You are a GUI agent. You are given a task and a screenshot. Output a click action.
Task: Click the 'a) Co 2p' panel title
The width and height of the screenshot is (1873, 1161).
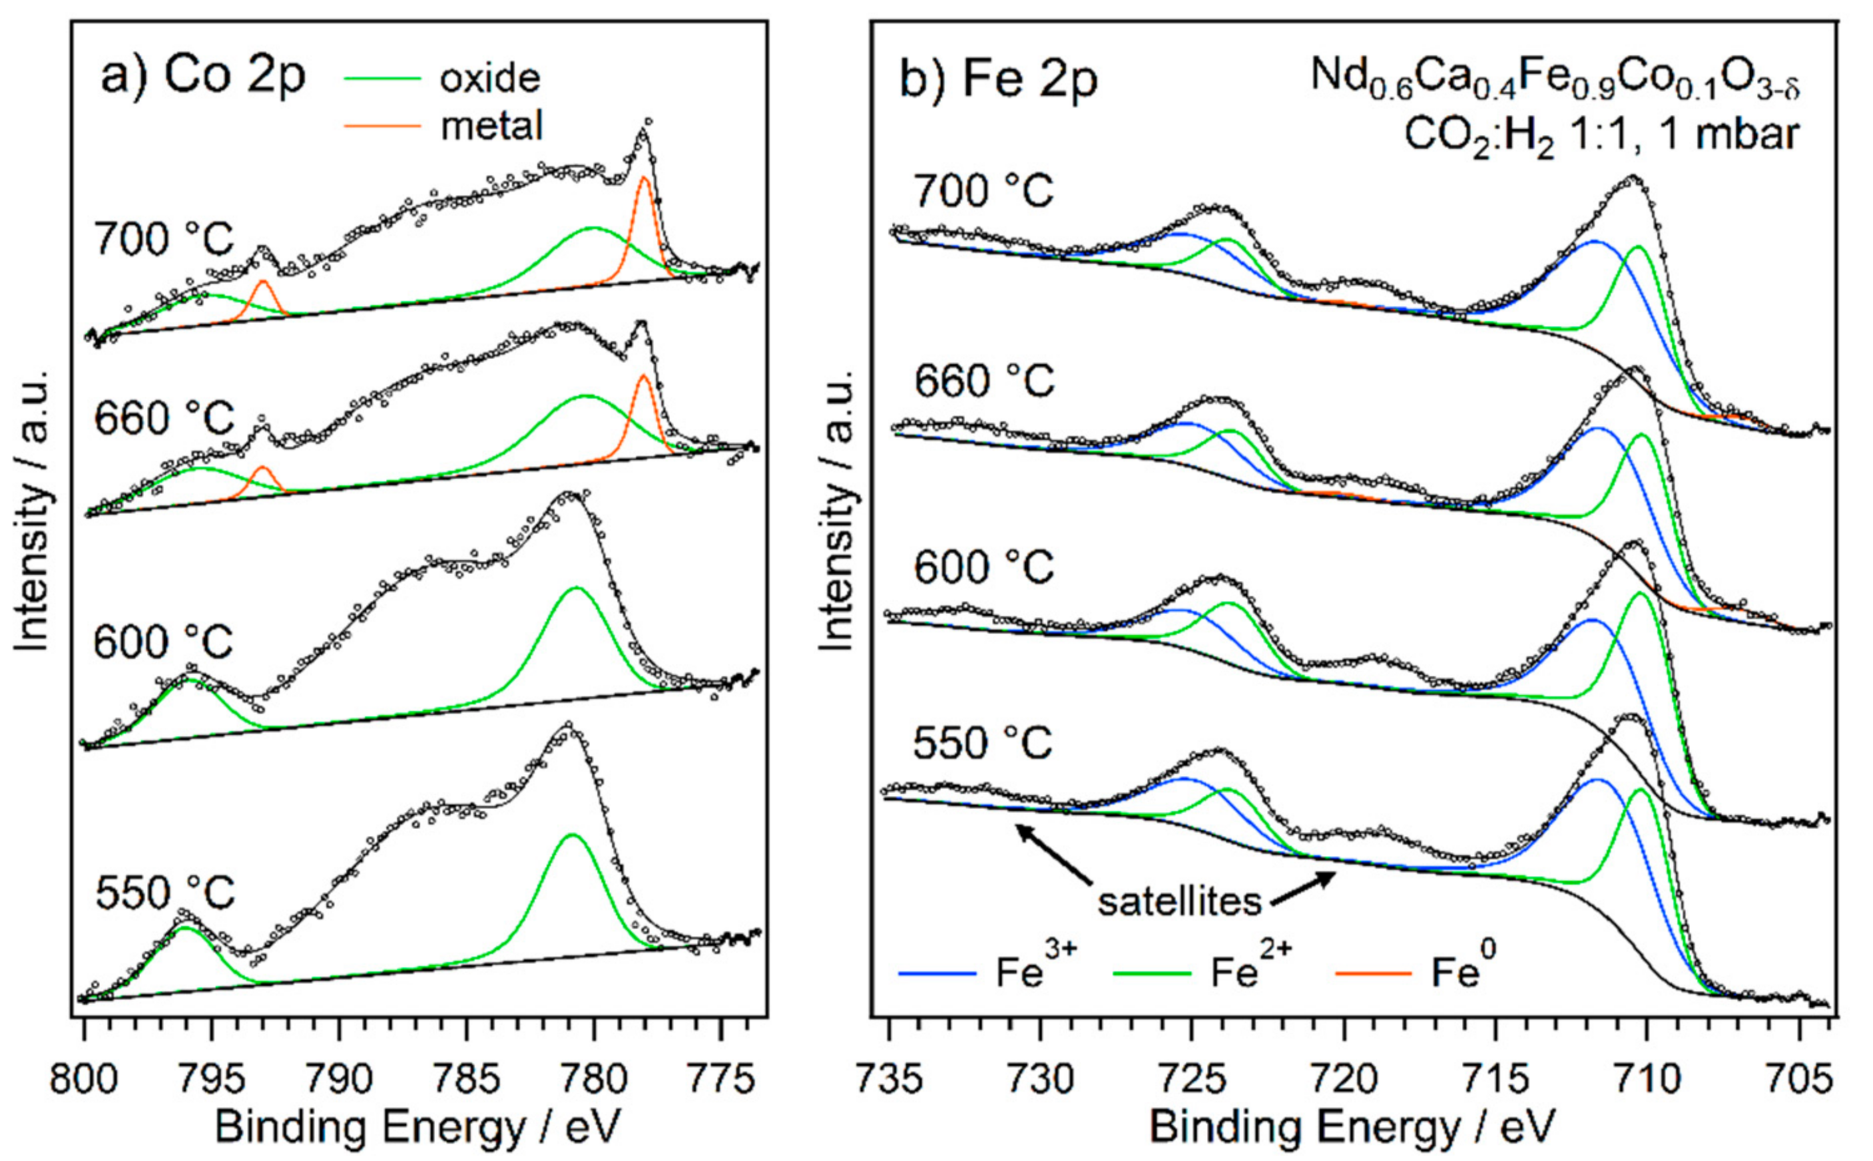[x=203, y=77]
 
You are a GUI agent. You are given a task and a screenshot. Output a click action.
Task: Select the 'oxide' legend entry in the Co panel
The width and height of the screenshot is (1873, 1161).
[x=489, y=79]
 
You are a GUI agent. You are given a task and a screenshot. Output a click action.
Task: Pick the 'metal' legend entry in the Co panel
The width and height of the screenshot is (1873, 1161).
[x=491, y=125]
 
